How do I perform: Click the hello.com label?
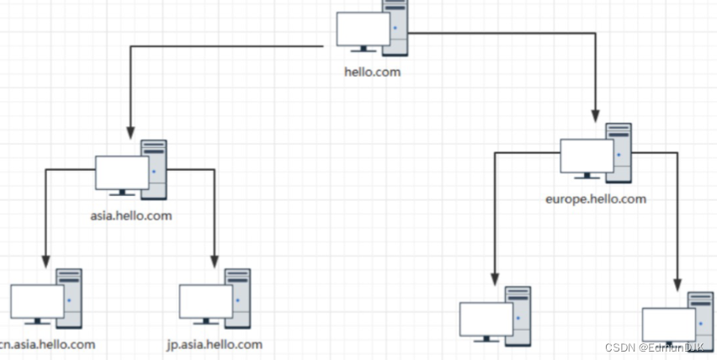[372, 71]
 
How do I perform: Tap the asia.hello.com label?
[130, 215]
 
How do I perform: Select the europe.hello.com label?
[596, 199]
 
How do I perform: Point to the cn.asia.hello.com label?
[48, 344]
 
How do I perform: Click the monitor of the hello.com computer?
[363, 29]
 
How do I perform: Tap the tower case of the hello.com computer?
[394, 25]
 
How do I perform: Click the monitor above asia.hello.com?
[122, 172]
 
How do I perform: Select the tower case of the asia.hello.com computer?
[154, 168]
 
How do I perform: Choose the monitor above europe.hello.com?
[587, 156]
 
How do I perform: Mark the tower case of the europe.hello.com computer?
[619, 151]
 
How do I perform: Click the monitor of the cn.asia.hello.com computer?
[37, 301]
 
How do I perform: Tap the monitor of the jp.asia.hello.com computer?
[205, 301]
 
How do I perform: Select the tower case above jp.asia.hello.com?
[238, 297]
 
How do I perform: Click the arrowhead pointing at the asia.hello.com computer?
[130, 132]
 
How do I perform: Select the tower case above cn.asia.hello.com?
[69, 297]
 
